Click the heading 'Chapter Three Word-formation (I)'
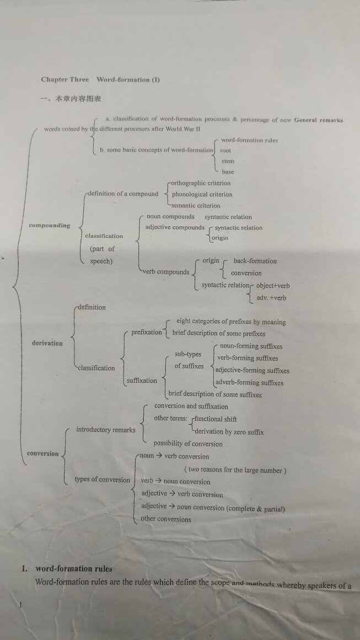tap(100, 79)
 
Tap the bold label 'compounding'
tap(50, 225)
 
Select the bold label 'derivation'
tap(47, 343)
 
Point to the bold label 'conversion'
tap(42, 454)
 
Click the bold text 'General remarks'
tap(319, 120)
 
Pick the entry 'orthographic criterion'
tap(201, 183)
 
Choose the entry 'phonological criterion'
tap(202, 194)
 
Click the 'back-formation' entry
tap(255, 261)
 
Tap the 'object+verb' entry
tap(272, 286)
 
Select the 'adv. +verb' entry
tap(271, 298)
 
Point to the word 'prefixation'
tap(147, 332)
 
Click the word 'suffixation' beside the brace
tap(142, 381)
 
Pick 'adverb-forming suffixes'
tap(249, 383)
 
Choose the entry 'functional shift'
tap(216, 419)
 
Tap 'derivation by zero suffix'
tap(229, 432)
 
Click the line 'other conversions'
tap(166, 519)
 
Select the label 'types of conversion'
tap(103, 479)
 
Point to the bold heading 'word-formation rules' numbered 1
tap(73, 569)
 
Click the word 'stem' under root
tap(227, 161)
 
